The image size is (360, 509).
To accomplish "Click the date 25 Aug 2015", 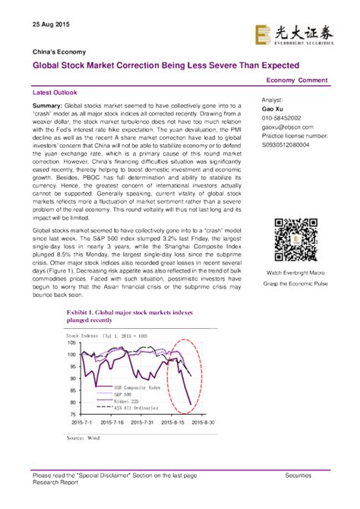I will click(x=51, y=24).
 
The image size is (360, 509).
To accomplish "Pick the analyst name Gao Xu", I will click(x=272, y=109).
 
